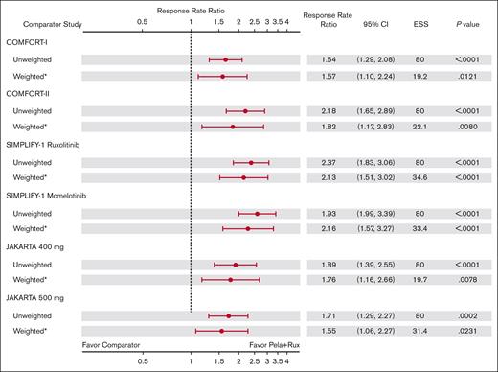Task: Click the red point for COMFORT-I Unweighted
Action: (x=225, y=59)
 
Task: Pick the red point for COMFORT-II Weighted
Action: (x=233, y=127)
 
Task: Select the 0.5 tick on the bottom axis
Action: (x=142, y=362)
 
